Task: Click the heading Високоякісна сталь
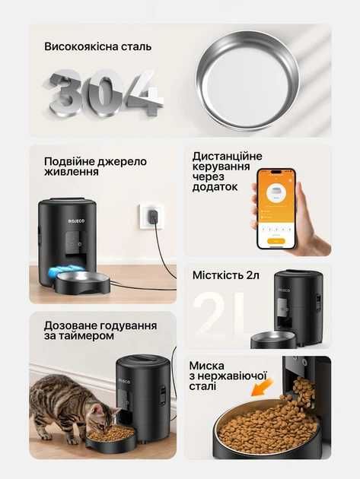coord(98,46)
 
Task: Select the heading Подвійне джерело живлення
coord(95,167)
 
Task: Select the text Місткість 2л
coord(226,275)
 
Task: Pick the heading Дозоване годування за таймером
coord(90,330)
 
